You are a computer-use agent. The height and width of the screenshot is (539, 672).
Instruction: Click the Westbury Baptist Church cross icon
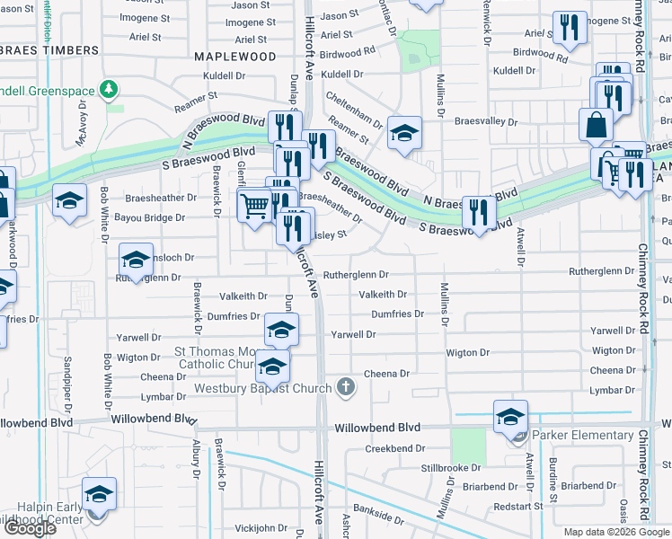pyautogui.click(x=345, y=388)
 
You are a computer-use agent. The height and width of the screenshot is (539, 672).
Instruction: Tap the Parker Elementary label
pyautogui.click(x=582, y=436)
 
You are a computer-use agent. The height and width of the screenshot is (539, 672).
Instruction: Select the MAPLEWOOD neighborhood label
pyautogui.click(x=234, y=56)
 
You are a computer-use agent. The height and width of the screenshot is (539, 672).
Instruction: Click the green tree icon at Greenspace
pyautogui.click(x=109, y=89)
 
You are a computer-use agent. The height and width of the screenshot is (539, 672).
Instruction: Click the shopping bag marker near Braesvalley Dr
pyautogui.click(x=596, y=125)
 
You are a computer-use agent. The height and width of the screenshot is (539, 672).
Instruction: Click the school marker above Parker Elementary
pyautogui.click(x=510, y=417)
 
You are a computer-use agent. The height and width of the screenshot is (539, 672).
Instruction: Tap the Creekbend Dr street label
pyautogui.click(x=394, y=448)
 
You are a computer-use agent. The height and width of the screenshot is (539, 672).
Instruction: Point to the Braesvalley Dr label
pyautogui.click(x=486, y=121)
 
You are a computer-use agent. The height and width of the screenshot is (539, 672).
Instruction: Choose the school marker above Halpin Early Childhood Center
pyautogui.click(x=99, y=494)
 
